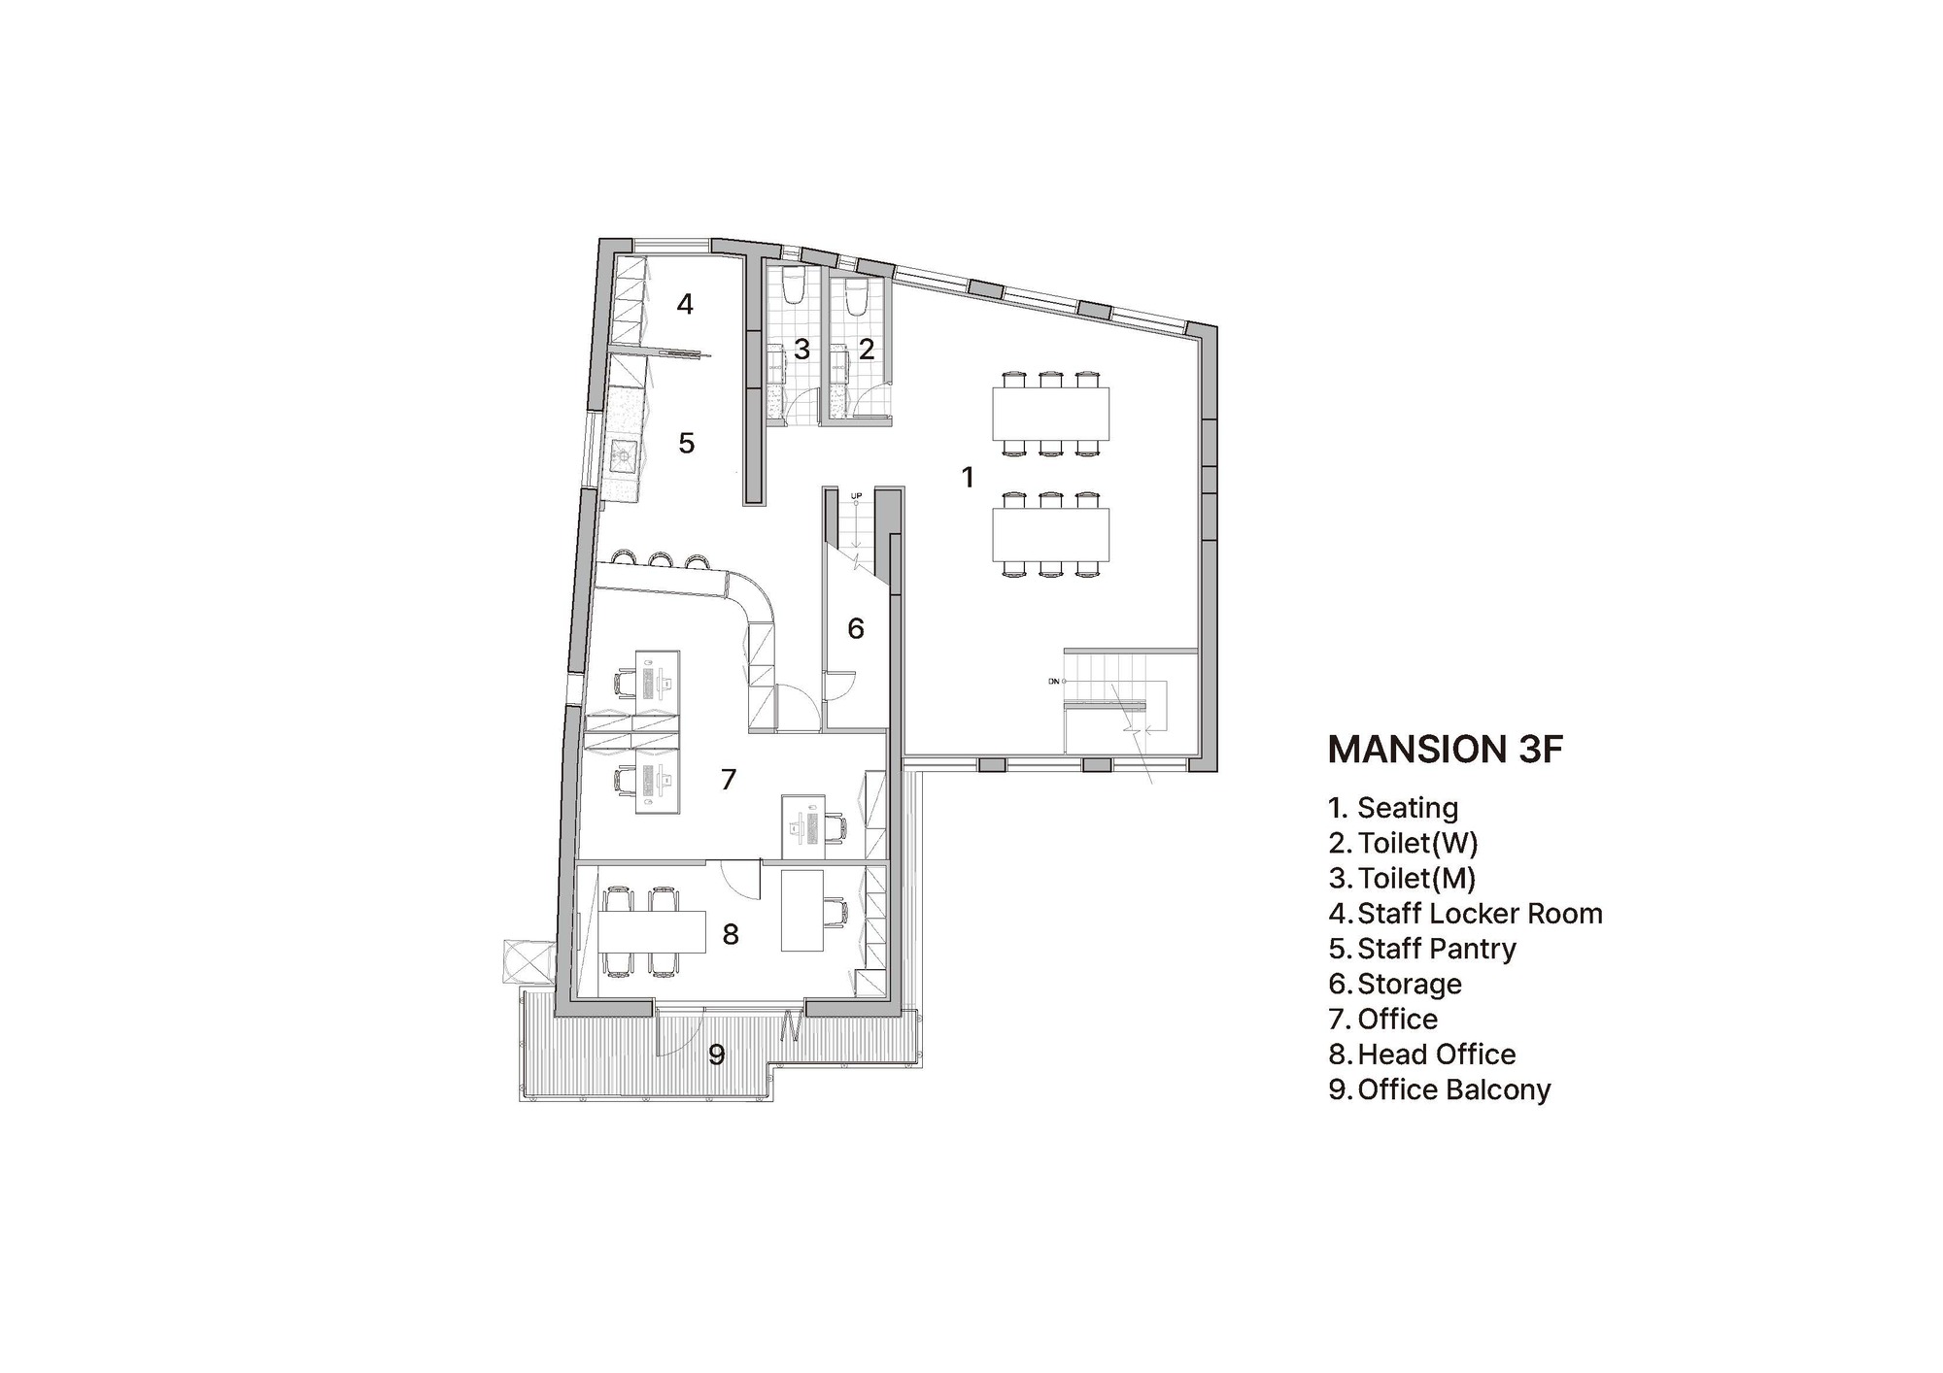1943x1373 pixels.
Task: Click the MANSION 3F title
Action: (1445, 750)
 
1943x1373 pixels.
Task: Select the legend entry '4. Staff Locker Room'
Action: (1465, 914)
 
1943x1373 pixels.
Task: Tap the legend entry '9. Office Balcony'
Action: (1439, 1089)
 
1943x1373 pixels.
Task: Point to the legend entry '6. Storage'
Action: (1395, 985)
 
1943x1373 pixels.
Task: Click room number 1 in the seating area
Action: (967, 478)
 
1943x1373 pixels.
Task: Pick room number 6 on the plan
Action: (855, 629)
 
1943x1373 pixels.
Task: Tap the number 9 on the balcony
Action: (716, 1055)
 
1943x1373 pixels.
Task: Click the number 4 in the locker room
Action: (685, 305)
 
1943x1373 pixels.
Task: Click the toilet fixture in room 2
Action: (856, 297)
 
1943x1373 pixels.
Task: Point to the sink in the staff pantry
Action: (623, 452)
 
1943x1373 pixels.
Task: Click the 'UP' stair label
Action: (856, 497)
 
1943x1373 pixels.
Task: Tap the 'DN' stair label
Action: (1053, 682)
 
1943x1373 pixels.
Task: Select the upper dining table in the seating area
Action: (1050, 413)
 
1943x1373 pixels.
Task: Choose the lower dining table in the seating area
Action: (1050, 535)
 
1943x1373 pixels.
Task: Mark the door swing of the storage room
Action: (839, 686)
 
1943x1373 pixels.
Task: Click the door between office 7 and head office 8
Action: (743, 880)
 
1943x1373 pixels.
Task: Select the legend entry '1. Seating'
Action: (1393, 808)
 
